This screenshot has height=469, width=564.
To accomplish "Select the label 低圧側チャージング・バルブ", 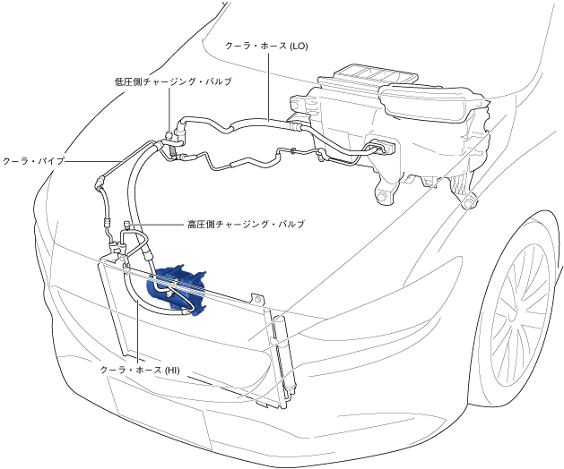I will pyautogui.click(x=173, y=81).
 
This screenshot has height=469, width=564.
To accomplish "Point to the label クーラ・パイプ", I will pyautogui.click(x=33, y=161).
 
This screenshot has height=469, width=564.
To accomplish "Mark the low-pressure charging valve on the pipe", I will pyautogui.click(x=170, y=130).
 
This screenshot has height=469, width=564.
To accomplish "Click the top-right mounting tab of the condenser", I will pyautogui.click(x=256, y=298).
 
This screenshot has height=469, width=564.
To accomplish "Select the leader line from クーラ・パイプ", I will pyautogui.click(x=90, y=161).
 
